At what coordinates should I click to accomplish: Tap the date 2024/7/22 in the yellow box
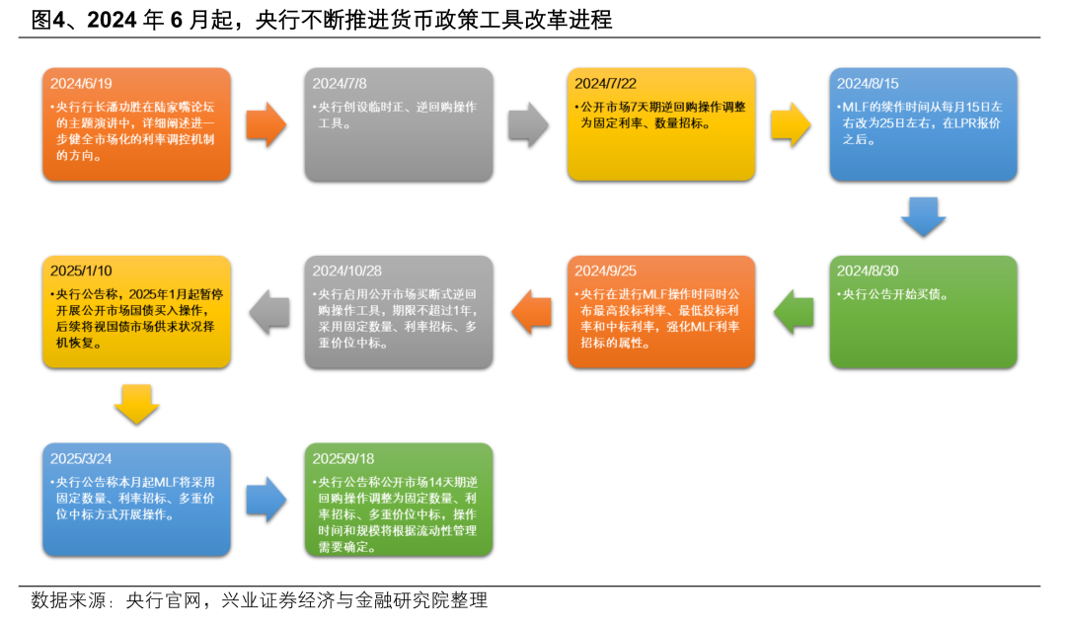pyautogui.click(x=605, y=84)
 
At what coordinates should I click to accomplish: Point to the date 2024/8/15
pyautogui.click(x=868, y=84)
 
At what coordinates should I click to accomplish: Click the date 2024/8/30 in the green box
pyautogui.click(x=868, y=272)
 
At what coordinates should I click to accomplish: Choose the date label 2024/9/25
pyautogui.click(x=605, y=272)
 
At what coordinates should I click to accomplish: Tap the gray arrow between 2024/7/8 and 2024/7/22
pyautogui.click(x=529, y=124)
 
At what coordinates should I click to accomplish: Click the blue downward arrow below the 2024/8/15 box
pyautogui.click(x=924, y=217)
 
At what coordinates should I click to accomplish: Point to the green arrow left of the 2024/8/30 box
pyautogui.click(x=793, y=312)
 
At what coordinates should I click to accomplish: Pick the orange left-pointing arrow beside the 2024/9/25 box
pyautogui.click(x=529, y=312)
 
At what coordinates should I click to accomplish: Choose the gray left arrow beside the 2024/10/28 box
pyautogui.click(x=267, y=312)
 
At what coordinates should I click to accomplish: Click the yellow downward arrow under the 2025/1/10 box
pyautogui.click(x=137, y=405)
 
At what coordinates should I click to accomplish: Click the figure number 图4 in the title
pyautogui.click(x=49, y=20)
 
